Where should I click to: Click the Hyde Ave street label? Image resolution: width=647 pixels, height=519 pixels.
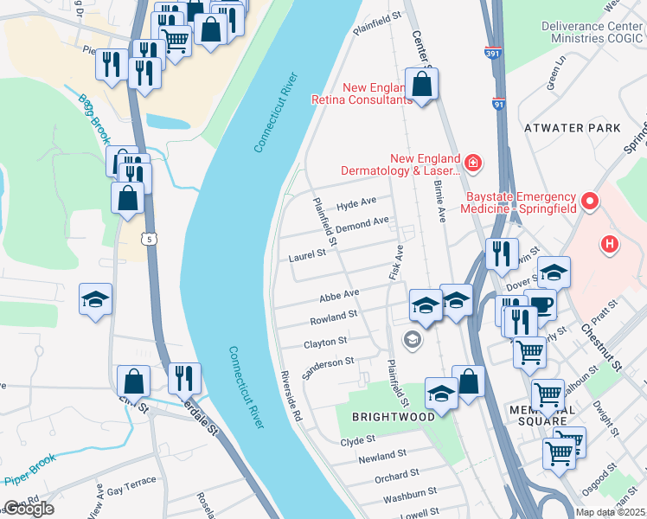point(356,203)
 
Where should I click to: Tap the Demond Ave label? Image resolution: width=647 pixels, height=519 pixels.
point(362,223)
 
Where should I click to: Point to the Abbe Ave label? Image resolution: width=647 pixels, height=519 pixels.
point(339,294)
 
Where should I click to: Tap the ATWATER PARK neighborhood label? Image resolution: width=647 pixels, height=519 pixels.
point(572,127)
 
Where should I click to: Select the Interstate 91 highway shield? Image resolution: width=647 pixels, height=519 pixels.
point(498,105)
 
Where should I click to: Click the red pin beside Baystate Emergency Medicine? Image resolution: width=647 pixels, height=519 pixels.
point(591,202)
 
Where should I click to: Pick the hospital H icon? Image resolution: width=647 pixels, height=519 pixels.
point(610,245)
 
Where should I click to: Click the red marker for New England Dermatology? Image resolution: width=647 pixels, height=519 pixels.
point(471,162)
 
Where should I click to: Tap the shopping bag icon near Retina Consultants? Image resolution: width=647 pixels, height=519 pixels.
point(421,86)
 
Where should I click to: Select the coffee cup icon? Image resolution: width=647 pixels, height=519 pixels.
point(541,305)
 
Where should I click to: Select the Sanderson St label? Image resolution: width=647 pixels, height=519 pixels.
point(329,367)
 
